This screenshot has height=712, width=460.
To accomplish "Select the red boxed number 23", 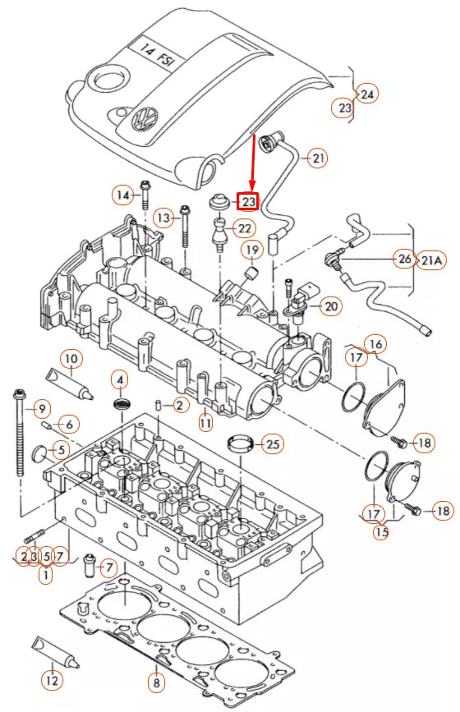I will point(247,201).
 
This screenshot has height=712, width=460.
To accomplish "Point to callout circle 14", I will point(123,195).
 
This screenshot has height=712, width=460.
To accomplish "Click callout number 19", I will point(251,249).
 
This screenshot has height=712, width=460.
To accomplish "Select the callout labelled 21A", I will point(432,260).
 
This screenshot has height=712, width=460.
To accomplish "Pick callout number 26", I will point(403,260).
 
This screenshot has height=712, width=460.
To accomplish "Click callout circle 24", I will point(367,94).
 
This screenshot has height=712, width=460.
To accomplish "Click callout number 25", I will point(272,444).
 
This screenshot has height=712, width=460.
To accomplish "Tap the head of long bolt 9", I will point(16,392).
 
